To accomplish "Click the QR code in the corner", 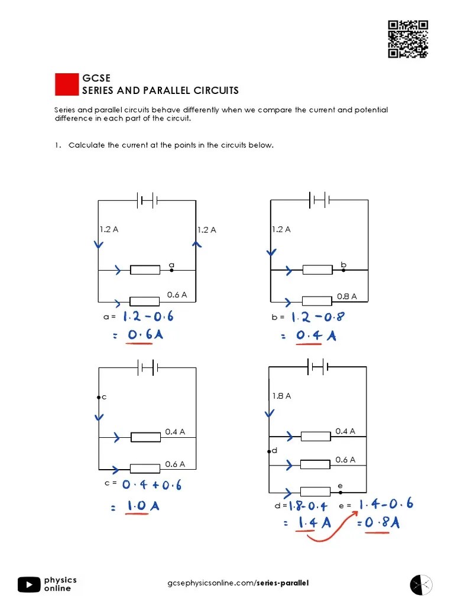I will (x=408, y=39).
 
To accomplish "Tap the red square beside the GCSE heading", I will (x=67, y=84).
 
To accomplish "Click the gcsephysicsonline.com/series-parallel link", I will (x=238, y=584).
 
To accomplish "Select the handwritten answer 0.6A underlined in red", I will (x=145, y=336).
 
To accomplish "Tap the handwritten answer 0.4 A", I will (x=316, y=336).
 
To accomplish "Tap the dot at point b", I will (x=343, y=270).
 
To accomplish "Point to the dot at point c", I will (x=98, y=398).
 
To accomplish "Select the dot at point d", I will (x=270, y=451).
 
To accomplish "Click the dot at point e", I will (x=340, y=491).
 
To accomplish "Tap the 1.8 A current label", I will (x=281, y=396).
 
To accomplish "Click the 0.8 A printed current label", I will (x=347, y=297).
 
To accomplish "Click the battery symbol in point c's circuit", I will (x=147, y=368).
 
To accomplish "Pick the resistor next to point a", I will (x=145, y=270).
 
